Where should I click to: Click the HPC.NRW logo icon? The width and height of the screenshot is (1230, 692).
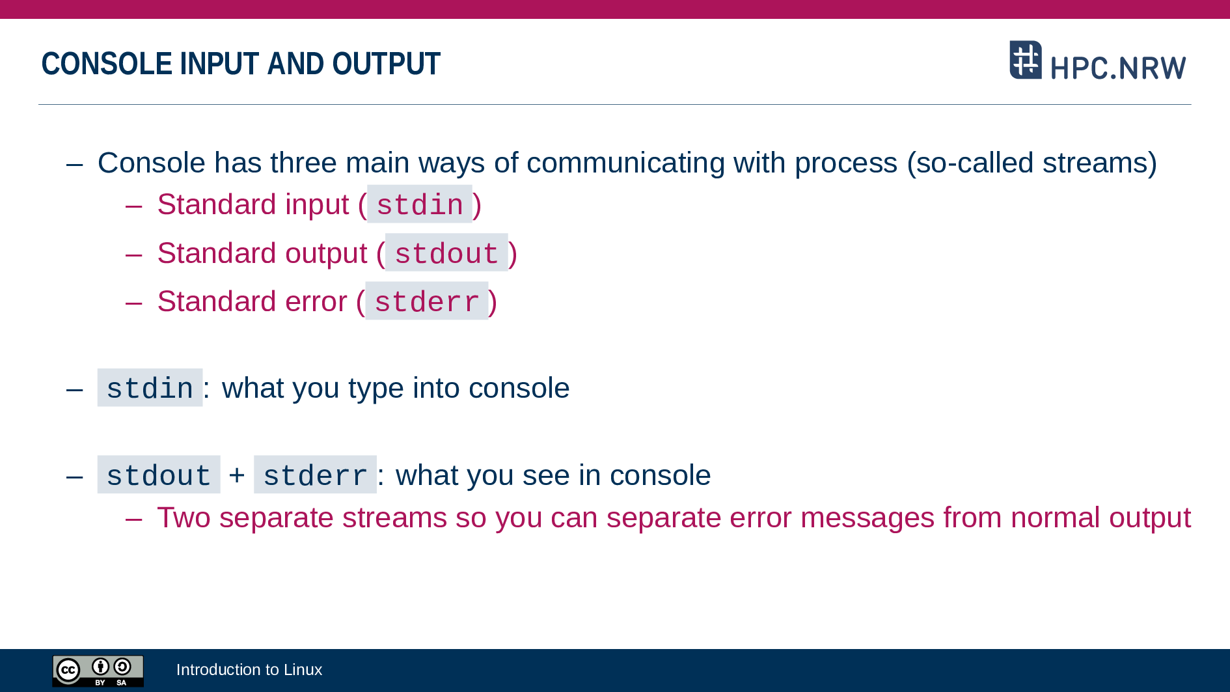click(x=1026, y=60)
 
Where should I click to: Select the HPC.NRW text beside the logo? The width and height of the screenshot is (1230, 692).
click(x=1118, y=68)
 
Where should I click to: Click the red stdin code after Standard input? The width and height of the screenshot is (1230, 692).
click(x=420, y=204)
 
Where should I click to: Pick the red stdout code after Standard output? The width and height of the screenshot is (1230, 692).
click(x=446, y=253)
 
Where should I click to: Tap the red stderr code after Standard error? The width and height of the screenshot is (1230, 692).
click(x=427, y=301)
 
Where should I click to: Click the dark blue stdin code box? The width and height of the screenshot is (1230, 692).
click(x=150, y=388)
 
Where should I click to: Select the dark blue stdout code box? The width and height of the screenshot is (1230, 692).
click(x=159, y=475)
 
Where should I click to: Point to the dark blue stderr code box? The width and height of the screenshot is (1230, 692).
click(x=315, y=475)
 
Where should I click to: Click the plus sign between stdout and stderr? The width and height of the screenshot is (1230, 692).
click(x=237, y=475)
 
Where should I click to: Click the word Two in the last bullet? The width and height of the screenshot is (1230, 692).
click(x=184, y=518)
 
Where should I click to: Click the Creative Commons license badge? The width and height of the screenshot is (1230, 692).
click(x=98, y=671)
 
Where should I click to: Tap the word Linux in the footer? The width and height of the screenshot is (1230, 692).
click(x=303, y=669)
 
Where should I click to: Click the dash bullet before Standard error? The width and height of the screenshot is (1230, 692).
click(x=133, y=303)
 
